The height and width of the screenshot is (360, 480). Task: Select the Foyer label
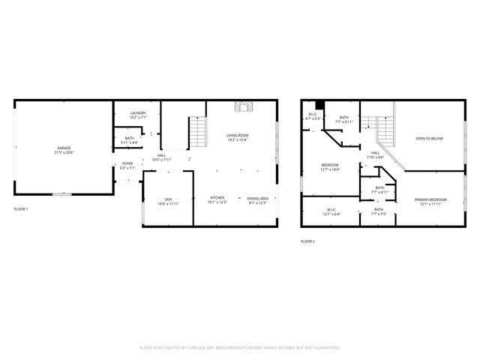[x=127, y=166]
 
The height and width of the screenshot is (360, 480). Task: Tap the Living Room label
[x=237, y=137]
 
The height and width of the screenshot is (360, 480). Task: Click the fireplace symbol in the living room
[x=243, y=106]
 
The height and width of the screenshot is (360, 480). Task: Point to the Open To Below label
[x=429, y=139]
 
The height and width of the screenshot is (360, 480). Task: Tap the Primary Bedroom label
[x=430, y=201]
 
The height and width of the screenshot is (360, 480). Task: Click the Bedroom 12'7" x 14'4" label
[x=330, y=167]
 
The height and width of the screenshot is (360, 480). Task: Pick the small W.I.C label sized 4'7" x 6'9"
[x=312, y=116]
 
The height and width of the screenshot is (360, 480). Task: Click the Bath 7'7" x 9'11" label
[x=343, y=118]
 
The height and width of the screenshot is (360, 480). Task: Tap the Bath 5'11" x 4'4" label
[x=129, y=140]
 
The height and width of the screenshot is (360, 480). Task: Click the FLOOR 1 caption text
[x=21, y=208]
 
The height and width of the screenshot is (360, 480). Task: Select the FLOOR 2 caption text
[x=307, y=241]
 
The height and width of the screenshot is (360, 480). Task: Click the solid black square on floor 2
[x=319, y=106]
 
